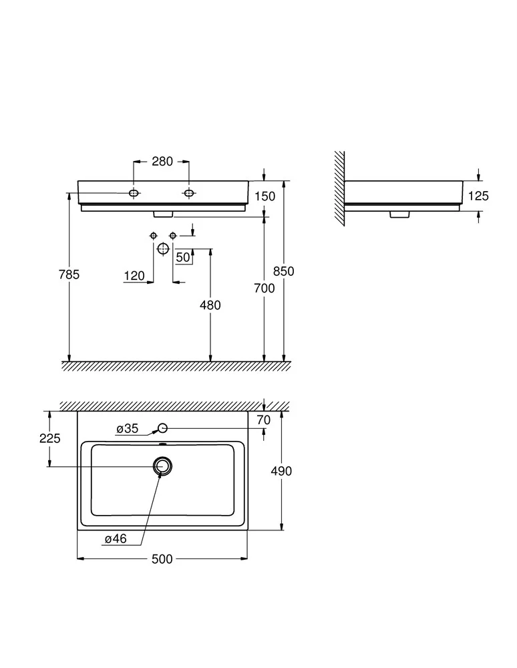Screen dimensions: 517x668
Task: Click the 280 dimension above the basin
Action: [x=162, y=162]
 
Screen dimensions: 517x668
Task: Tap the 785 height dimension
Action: [x=69, y=275]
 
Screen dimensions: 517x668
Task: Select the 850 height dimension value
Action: [x=284, y=271]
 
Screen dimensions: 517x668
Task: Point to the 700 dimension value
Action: [x=265, y=289]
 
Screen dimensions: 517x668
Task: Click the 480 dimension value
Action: [x=210, y=305]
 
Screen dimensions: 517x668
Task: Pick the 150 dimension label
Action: [x=265, y=196]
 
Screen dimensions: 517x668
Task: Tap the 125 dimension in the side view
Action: [x=478, y=196]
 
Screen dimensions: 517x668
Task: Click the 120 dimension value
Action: [x=134, y=276]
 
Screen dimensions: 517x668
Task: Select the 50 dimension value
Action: [x=183, y=257]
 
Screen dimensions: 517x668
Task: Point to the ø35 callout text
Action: [x=128, y=429]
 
